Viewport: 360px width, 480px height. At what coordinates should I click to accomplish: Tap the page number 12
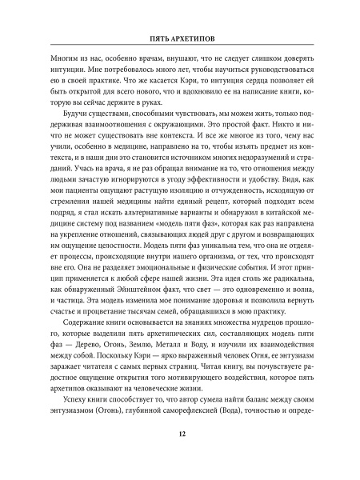pos(180,456)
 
